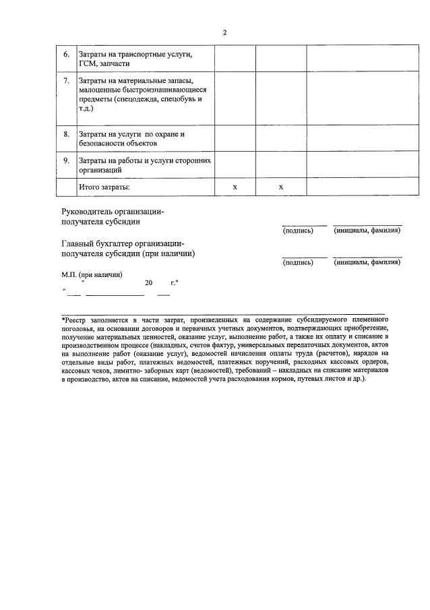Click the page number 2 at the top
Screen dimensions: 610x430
click(x=224, y=32)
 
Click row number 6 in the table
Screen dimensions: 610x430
click(x=66, y=54)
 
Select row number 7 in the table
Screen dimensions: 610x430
click(x=66, y=81)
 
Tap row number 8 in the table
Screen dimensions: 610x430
click(x=66, y=134)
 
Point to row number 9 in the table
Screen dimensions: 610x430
click(x=66, y=160)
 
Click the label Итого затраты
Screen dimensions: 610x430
click(x=104, y=187)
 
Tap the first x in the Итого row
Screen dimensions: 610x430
click(x=235, y=187)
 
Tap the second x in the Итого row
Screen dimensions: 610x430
click(x=280, y=187)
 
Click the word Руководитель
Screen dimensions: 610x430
click(x=90, y=211)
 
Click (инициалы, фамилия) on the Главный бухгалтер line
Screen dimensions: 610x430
click(x=367, y=262)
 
